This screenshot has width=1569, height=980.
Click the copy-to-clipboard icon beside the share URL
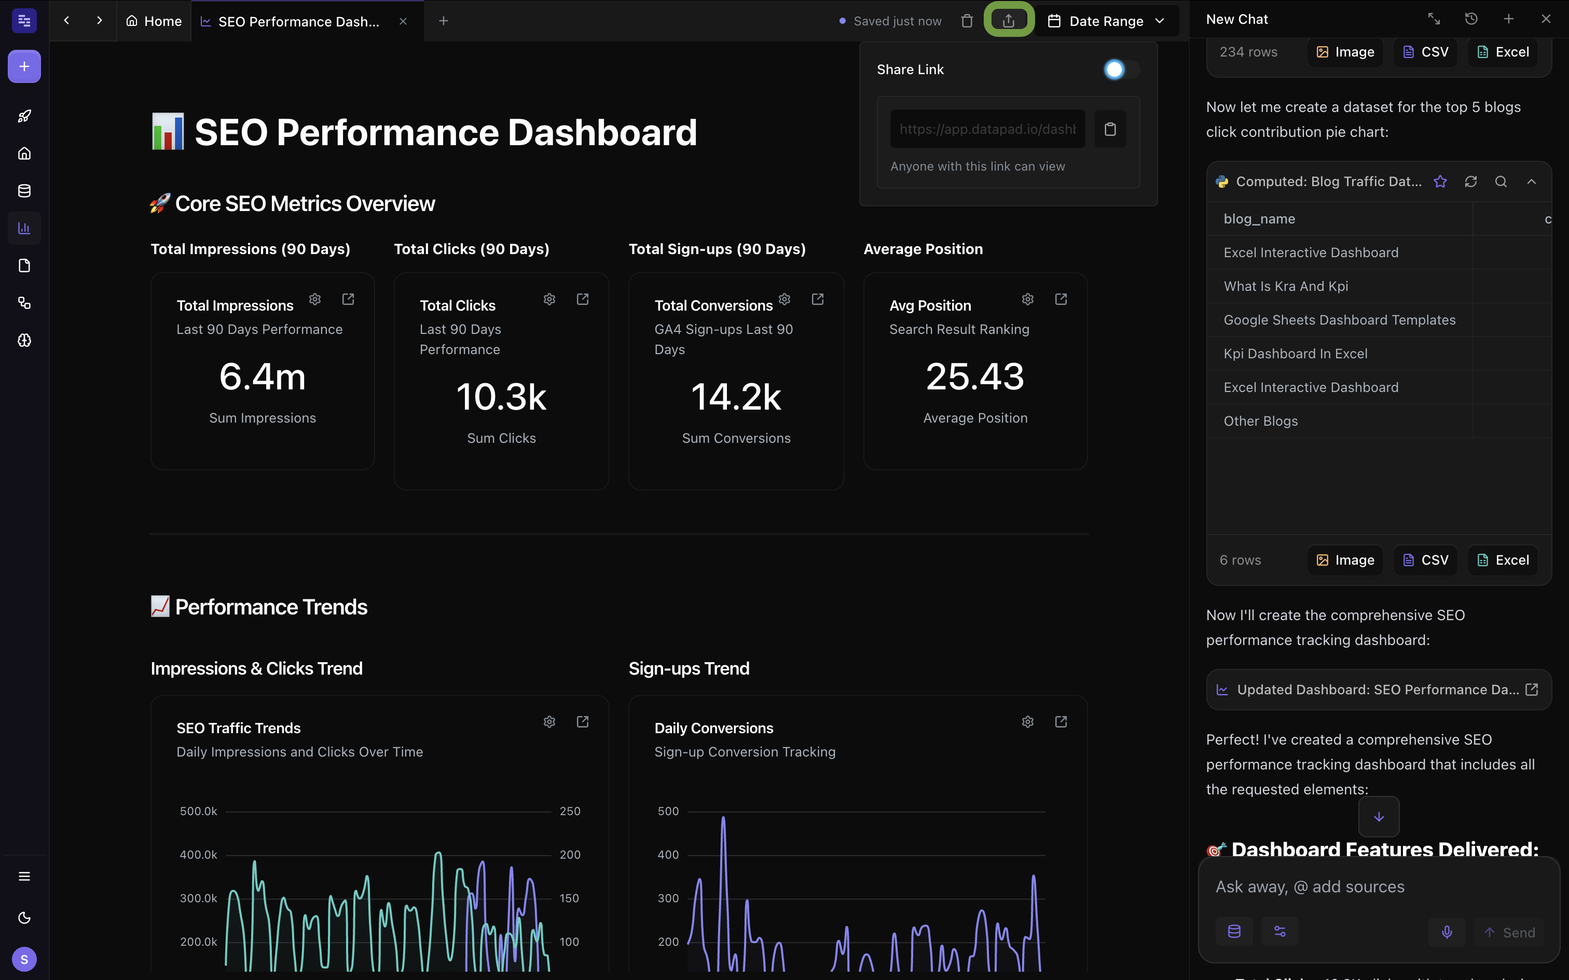1110,129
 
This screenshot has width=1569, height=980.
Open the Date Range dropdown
1106,21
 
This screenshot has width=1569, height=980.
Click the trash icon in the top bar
967,21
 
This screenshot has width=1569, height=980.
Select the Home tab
154,21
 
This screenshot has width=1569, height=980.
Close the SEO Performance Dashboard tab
403,21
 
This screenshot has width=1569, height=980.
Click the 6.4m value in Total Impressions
262,376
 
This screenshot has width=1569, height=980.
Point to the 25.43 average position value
974,376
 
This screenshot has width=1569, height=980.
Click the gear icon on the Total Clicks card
549,299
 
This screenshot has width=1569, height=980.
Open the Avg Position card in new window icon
1061,299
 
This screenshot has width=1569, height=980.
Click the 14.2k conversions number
736,397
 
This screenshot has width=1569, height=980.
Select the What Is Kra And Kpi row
1285,286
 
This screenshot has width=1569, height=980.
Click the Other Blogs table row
1260,421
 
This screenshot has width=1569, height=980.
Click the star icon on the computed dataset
1440,181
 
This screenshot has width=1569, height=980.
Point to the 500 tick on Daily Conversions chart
668,811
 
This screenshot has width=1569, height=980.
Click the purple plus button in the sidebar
24,66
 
